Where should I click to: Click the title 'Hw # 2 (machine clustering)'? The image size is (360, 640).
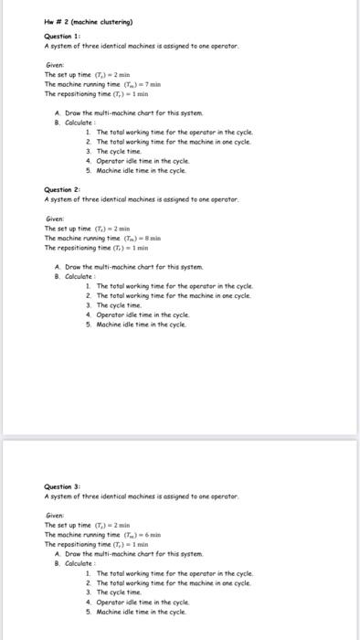[89, 20]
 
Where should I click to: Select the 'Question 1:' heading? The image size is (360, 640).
[64, 36]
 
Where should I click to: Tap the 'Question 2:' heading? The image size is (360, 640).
[64, 190]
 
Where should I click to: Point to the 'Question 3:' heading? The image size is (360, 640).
[64, 486]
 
